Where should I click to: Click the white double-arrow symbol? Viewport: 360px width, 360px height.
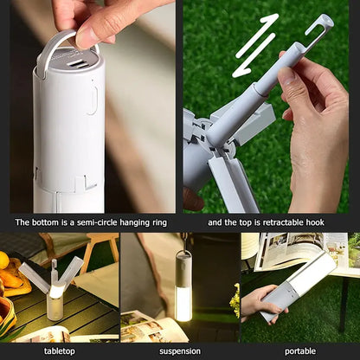point(257,45)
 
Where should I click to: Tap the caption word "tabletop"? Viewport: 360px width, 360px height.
point(60,351)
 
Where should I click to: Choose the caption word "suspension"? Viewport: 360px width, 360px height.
point(180,351)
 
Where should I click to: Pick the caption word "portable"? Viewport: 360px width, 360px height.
point(299,351)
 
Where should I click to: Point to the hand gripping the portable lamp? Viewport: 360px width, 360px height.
point(260,303)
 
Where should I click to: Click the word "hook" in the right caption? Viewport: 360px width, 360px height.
point(313,223)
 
